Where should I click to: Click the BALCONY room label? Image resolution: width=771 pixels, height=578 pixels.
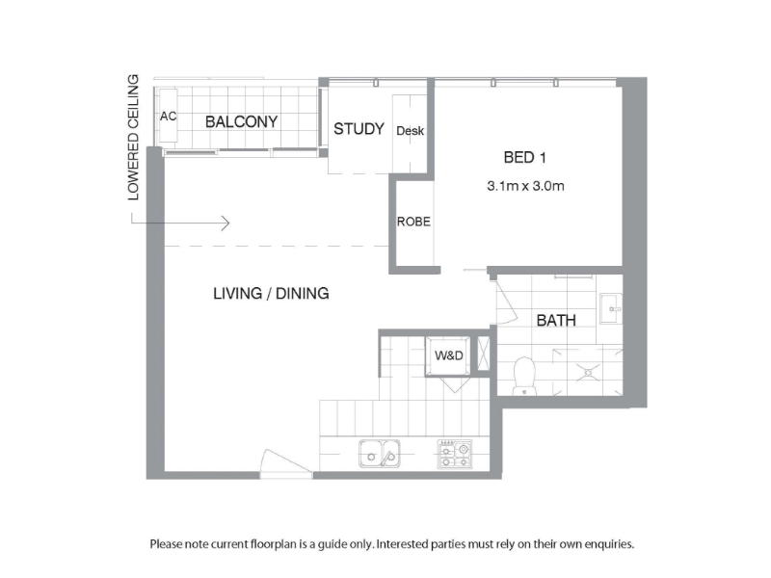pos(241,122)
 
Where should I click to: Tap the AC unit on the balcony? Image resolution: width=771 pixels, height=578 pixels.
pos(168,116)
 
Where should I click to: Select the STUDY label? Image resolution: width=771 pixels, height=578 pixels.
pos(359,129)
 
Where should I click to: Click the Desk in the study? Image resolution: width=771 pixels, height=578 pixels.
pos(410,134)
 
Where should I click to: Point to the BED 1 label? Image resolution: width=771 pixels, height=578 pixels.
pos(524,157)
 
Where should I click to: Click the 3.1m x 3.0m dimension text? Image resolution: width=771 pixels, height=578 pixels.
pos(525,186)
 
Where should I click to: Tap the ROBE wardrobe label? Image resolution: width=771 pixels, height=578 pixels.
pos(413,222)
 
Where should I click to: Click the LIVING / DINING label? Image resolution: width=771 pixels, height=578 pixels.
pos(271,294)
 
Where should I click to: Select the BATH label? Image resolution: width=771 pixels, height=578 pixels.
pos(556,321)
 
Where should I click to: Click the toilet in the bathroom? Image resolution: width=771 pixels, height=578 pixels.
pos(523,376)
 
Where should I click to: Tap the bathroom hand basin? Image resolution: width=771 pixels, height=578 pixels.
pos(611,309)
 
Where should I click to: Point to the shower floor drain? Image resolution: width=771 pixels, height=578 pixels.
pos(589,372)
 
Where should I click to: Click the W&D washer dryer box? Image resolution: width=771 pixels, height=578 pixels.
pos(448,355)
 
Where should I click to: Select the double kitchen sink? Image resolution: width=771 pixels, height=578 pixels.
pos(379,453)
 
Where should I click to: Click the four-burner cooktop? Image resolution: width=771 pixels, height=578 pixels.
pos(455,454)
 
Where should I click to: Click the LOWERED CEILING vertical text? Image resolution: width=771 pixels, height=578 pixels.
pos(133,137)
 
